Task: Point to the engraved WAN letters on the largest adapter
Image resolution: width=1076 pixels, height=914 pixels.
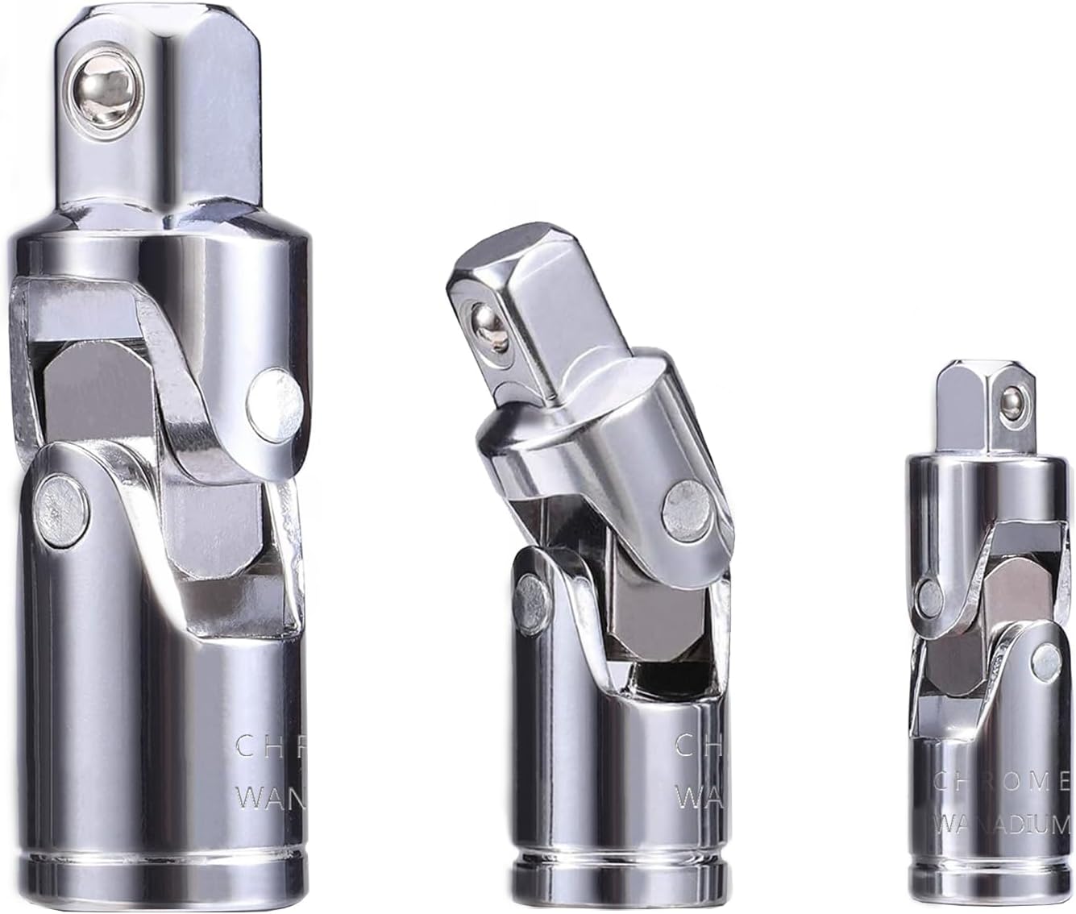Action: pyautogui.click(x=269, y=798)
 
